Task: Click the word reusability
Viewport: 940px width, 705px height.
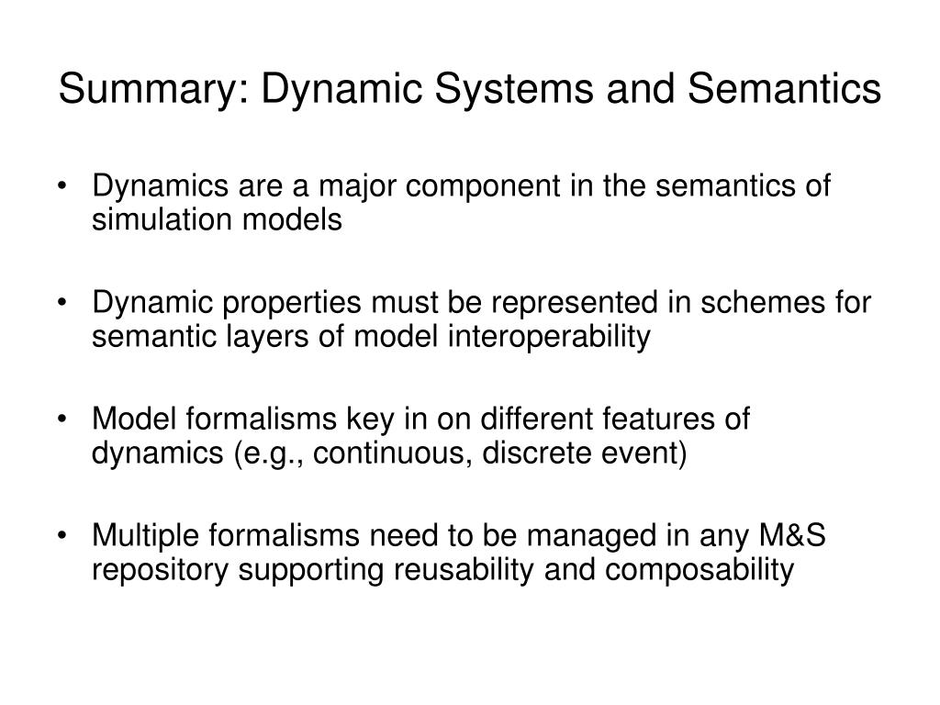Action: (464, 569)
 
